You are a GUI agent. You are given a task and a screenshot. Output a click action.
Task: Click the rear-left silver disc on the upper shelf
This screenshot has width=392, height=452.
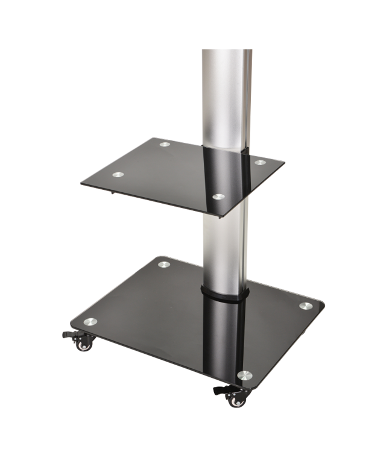click(x=165, y=145)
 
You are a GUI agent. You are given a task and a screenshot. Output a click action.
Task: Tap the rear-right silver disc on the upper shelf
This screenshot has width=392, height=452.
click(x=259, y=162)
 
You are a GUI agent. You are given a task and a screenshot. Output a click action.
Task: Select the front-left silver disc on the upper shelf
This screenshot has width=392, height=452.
click(x=118, y=175)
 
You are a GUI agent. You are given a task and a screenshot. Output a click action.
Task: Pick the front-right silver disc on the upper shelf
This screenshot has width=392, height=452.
click(x=219, y=197)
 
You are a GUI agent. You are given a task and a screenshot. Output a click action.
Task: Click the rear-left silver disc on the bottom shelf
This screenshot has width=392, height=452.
click(x=163, y=264)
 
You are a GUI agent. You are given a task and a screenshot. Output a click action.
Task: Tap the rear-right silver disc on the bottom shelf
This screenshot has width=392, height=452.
click(x=305, y=306)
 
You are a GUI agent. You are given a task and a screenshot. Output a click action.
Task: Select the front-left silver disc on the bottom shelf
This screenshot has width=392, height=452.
click(x=90, y=322)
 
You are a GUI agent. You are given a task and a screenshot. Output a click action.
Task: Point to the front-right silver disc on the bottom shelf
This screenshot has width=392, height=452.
click(x=244, y=375)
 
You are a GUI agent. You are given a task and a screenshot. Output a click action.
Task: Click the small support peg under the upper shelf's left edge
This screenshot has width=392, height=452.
click(x=113, y=193)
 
